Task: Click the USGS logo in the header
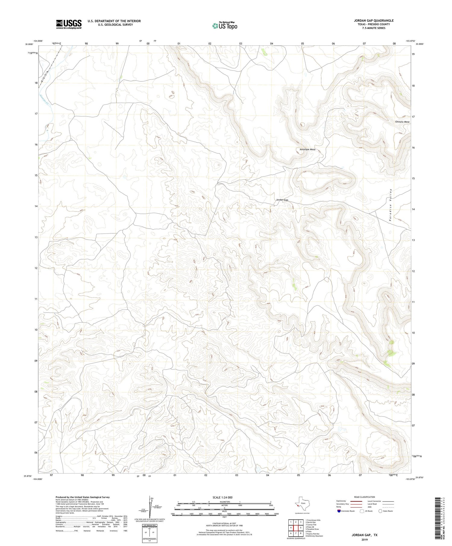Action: click(x=69, y=24)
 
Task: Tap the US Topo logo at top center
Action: click(x=224, y=26)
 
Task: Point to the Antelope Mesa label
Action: click(x=307, y=149)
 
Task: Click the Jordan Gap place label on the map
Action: click(x=282, y=200)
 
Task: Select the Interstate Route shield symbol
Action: click(x=340, y=511)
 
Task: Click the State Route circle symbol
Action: click(x=380, y=511)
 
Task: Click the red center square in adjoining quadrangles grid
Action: click(x=296, y=528)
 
